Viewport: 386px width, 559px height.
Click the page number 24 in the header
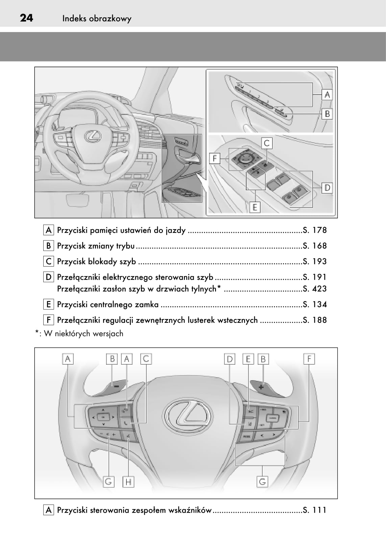(26, 18)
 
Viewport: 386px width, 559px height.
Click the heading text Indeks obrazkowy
(97, 19)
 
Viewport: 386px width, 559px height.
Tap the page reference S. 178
(315, 230)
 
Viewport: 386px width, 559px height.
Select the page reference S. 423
(315, 289)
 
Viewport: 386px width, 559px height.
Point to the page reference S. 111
(315, 510)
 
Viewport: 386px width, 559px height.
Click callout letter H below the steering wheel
(128, 481)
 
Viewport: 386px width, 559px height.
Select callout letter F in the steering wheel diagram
(309, 359)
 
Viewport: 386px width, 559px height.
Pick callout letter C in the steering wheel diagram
(146, 359)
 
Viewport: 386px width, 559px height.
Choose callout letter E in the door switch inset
(255, 207)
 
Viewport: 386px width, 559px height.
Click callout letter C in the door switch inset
(267, 143)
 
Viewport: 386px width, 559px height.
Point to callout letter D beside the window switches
(327, 188)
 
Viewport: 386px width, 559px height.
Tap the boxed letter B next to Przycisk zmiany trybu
(49, 246)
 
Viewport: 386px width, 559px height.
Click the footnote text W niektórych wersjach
(83, 334)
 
